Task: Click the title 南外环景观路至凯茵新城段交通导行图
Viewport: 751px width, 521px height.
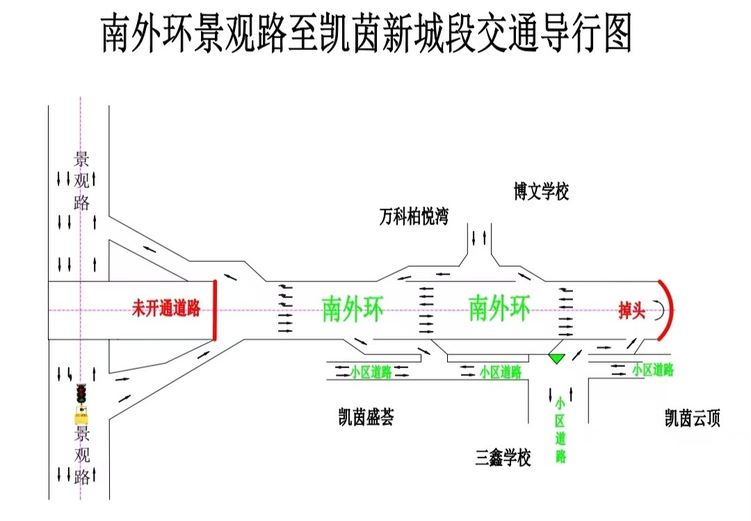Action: [367, 33]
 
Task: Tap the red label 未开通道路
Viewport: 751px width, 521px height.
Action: [166, 308]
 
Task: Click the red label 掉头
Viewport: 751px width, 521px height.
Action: [631, 311]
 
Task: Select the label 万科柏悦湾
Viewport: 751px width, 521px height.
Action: [414, 217]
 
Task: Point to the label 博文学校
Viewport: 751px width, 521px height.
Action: [541, 191]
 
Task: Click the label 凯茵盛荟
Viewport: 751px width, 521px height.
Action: [366, 417]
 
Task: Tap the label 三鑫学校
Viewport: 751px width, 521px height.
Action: [503, 458]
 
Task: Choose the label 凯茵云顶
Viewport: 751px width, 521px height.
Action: [693, 418]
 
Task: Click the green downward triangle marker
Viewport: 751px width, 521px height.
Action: [556, 358]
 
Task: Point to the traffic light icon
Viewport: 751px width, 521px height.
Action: [81, 393]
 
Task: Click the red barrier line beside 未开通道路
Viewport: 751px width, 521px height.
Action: [215, 310]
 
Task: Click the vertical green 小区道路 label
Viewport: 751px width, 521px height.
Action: [560, 429]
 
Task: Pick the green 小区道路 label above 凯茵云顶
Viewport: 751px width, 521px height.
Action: [653, 370]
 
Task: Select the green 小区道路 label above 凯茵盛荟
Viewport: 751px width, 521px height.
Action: [371, 372]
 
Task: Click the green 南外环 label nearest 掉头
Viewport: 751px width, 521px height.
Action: [499, 308]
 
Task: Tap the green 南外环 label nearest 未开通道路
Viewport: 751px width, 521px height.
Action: [353, 309]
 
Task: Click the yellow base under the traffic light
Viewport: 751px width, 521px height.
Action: [81, 415]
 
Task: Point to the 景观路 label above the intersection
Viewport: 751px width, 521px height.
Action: [81, 181]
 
